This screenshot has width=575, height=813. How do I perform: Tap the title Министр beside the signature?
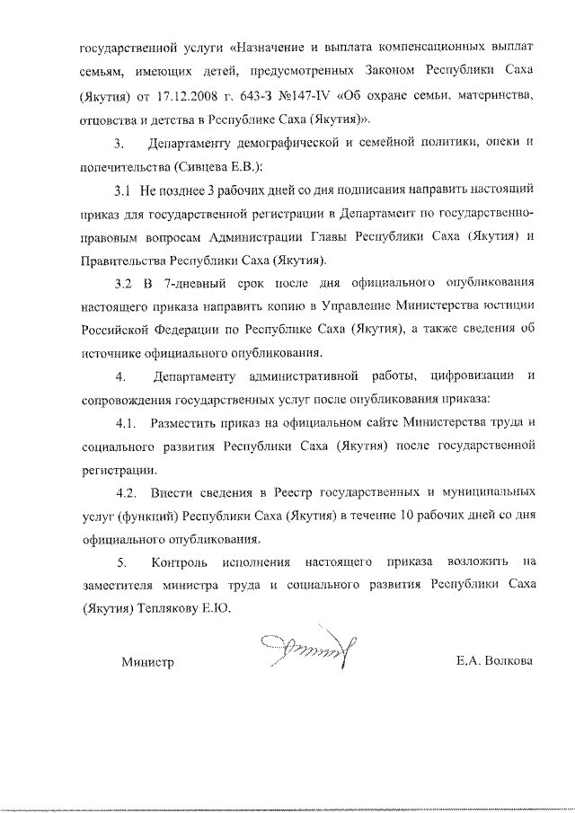pyautogui.click(x=146, y=663)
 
